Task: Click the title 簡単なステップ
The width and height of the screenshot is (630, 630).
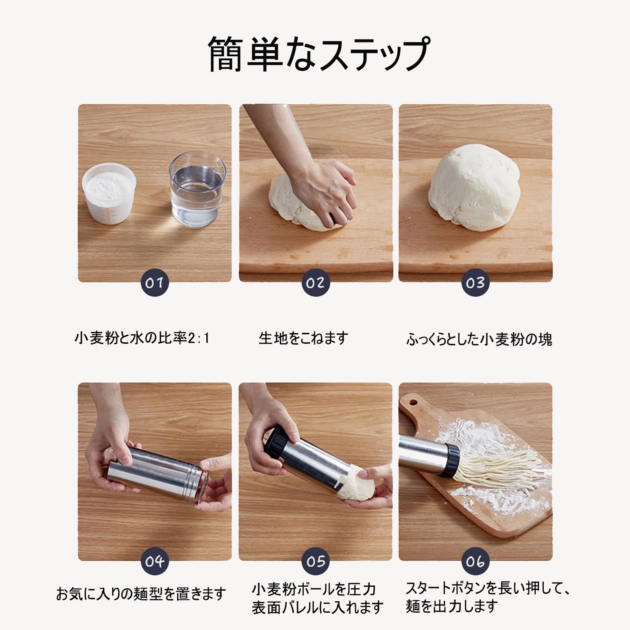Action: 318,54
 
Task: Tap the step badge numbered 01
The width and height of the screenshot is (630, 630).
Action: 154,283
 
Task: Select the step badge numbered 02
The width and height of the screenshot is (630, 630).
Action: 315,283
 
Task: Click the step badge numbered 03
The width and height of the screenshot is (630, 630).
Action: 475,283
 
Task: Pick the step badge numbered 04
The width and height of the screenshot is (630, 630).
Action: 154,561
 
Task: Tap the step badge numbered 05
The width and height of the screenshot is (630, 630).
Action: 315,561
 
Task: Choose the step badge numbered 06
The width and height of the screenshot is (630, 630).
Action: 475,561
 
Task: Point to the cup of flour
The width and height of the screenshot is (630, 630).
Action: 109,193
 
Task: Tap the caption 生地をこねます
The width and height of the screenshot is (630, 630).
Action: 303,338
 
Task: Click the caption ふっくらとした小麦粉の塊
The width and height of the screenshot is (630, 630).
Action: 479,339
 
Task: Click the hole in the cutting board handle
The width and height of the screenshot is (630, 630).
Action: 413,402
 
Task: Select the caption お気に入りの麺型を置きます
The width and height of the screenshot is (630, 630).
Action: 141,593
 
